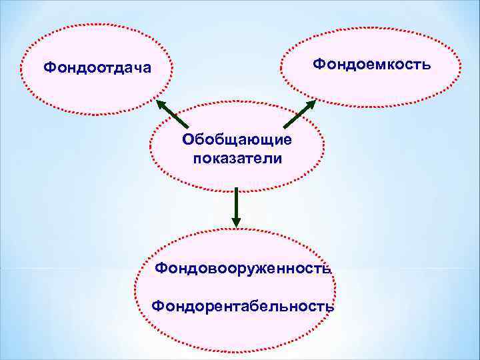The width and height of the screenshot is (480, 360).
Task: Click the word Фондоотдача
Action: tap(97, 67)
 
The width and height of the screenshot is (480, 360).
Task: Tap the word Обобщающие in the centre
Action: tap(237, 141)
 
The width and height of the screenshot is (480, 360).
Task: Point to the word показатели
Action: tap(237, 159)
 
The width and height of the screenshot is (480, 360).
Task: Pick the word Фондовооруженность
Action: tap(242, 268)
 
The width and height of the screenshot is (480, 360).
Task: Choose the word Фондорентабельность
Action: tap(242, 306)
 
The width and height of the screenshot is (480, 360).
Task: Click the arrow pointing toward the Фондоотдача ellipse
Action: tap(172, 114)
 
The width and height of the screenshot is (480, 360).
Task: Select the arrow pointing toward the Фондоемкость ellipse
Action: tap(299, 115)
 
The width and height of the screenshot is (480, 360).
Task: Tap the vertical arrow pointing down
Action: tap(235, 207)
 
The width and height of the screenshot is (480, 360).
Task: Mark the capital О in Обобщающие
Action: tap(188, 141)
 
